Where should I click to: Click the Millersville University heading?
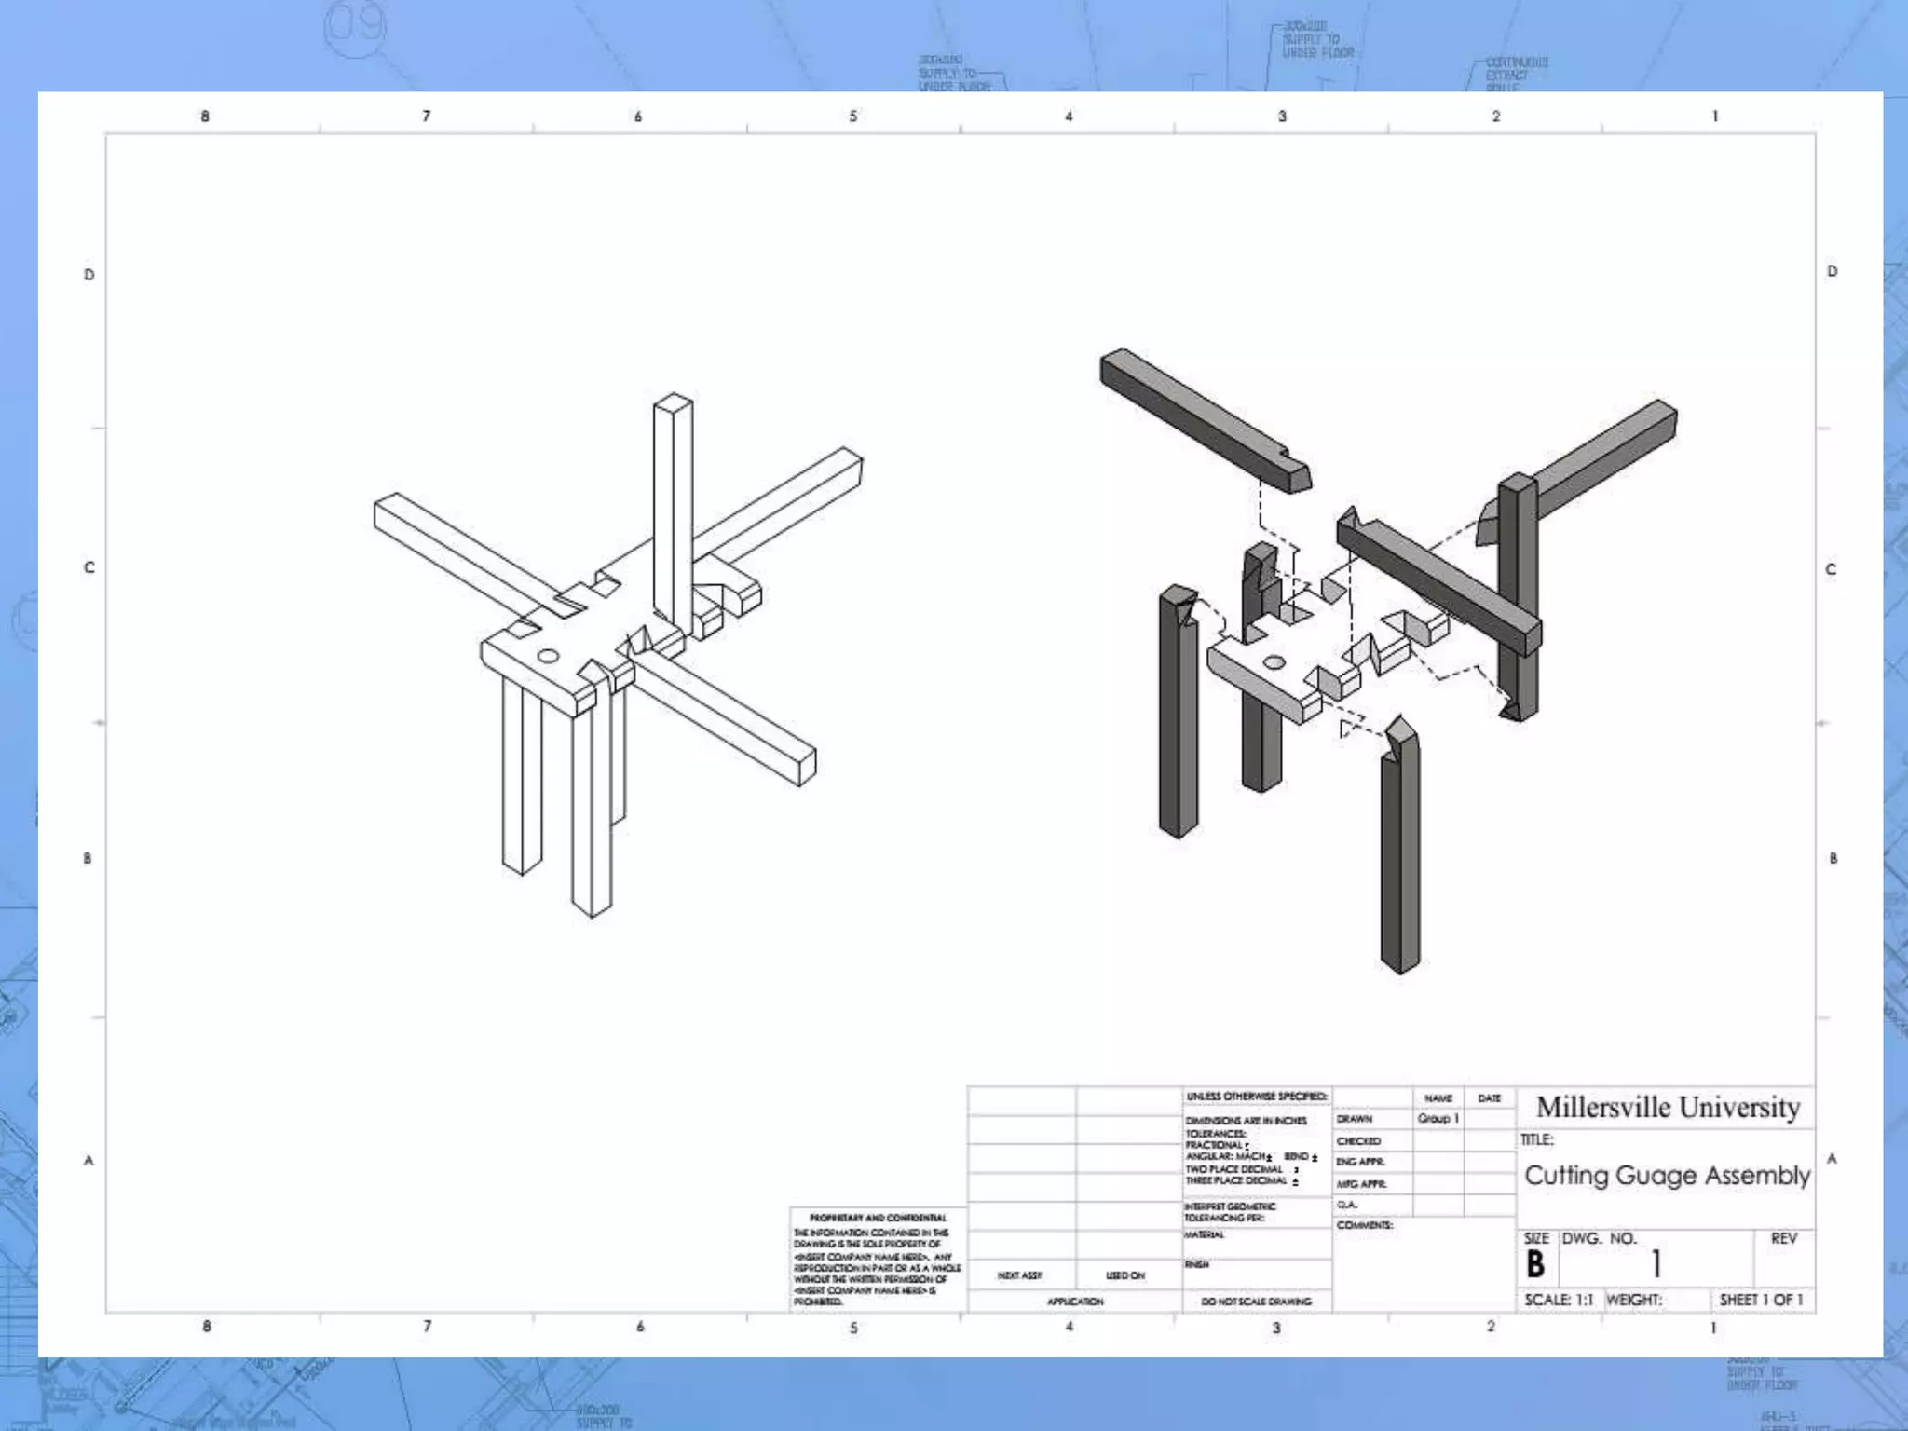pyautogui.click(x=1667, y=1108)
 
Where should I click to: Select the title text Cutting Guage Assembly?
pyautogui.click(x=1667, y=1175)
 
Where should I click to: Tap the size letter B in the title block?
pyautogui.click(x=1535, y=1264)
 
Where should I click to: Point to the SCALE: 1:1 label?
pyautogui.click(x=1559, y=1300)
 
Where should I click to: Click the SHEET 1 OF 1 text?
pyautogui.click(x=1761, y=1300)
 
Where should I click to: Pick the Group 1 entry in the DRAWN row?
pyautogui.click(x=1438, y=1118)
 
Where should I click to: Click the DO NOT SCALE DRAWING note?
pyautogui.click(x=1256, y=1302)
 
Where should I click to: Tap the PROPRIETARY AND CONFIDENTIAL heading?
pyautogui.click(x=878, y=1218)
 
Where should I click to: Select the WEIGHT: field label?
pyautogui.click(x=1634, y=1300)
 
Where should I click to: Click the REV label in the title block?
pyautogui.click(x=1783, y=1238)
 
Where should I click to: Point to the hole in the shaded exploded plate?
pyautogui.click(x=1274, y=663)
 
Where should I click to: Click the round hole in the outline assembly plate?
pyautogui.click(x=548, y=657)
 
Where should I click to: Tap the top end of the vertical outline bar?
pyautogui.click(x=673, y=403)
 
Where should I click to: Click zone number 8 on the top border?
pyautogui.click(x=205, y=116)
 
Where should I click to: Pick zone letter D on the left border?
pyautogui.click(x=89, y=275)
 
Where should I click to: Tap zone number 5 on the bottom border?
pyautogui.click(x=853, y=1328)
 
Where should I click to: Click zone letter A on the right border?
pyautogui.click(x=1832, y=1159)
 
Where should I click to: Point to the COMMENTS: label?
pyautogui.click(x=1364, y=1225)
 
